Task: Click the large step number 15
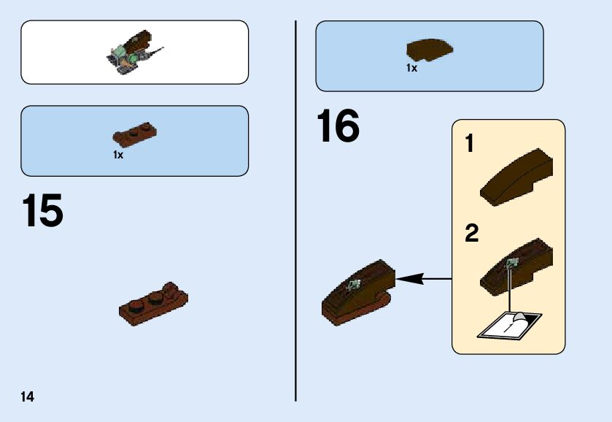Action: click(x=42, y=211)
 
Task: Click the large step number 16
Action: click(x=338, y=126)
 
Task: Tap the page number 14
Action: click(x=27, y=397)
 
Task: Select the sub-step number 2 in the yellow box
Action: click(x=471, y=234)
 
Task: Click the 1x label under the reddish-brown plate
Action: click(x=117, y=155)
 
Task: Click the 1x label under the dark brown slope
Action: click(x=411, y=68)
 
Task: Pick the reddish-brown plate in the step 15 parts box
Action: click(x=136, y=134)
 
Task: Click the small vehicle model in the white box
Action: click(x=133, y=53)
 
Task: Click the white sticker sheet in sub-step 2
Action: click(x=508, y=324)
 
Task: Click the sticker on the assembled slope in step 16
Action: click(x=355, y=285)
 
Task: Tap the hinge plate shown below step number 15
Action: click(x=153, y=302)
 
